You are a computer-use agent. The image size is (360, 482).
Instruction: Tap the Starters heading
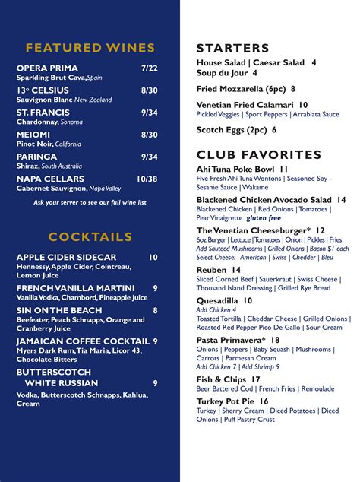[233, 48]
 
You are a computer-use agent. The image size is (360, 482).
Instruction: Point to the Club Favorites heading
[259, 155]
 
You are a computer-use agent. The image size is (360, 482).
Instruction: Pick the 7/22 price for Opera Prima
[149, 68]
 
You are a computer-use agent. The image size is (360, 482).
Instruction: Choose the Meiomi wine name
[33, 135]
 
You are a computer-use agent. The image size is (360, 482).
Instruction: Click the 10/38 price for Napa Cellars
[147, 179]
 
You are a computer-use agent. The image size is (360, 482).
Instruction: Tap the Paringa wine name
[36, 157]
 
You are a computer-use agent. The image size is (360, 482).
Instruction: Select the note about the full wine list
[90, 202]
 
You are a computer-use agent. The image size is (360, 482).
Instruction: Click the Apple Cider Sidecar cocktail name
[67, 258]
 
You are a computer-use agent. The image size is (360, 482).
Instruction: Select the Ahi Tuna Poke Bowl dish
[242, 169]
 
